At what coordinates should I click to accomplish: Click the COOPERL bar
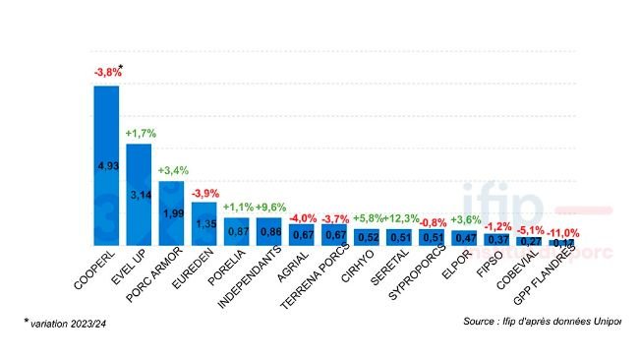[x=106, y=165]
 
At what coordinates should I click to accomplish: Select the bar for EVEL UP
[x=139, y=195]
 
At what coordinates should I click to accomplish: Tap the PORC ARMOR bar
[x=172, y=213]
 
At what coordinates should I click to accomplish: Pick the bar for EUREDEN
[x=204, y=223]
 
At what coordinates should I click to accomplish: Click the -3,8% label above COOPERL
[x=107, y=72]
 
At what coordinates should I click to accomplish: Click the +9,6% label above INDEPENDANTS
[x=270, y=207]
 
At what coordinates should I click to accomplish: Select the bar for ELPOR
[x=466, y=237]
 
